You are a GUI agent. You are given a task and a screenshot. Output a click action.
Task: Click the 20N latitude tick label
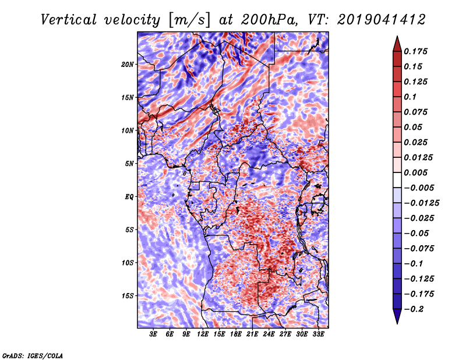coord(128,65)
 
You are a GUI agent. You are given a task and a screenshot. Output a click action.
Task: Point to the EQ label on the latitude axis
coord(129,197)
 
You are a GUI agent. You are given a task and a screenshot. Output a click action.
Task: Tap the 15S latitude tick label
coord(128,296)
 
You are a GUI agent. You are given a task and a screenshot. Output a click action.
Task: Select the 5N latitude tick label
coord(129,164)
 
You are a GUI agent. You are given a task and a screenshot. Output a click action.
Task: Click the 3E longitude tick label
coord(153,334)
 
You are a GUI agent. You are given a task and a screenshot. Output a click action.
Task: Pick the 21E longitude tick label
coord(252,334)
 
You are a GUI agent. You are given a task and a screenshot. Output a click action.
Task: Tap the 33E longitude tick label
coord(318,334)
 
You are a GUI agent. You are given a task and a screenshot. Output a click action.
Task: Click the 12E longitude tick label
coord(203,334)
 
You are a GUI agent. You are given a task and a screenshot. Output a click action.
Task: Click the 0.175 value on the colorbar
coord(415,51)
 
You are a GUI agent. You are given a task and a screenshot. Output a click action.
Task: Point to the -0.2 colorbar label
coord(414,309)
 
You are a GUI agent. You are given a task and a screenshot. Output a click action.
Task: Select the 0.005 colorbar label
coord(415,172)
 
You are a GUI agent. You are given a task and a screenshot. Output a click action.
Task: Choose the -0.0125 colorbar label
coord(421,203)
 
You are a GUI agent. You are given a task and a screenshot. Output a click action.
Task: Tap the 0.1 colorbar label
coord(410,97)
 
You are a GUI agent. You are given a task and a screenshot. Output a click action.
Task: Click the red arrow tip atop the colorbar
coord(397,36)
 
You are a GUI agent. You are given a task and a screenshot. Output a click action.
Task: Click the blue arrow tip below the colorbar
coord(397,323)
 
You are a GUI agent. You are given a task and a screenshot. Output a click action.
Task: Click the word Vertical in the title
coord(69,20)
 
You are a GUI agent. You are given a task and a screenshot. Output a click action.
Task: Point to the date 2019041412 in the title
coord(382,20)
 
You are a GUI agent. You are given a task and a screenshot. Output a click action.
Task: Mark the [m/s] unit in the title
coord(189,20)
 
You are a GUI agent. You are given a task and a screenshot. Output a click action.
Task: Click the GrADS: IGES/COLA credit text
coord(33,355)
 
